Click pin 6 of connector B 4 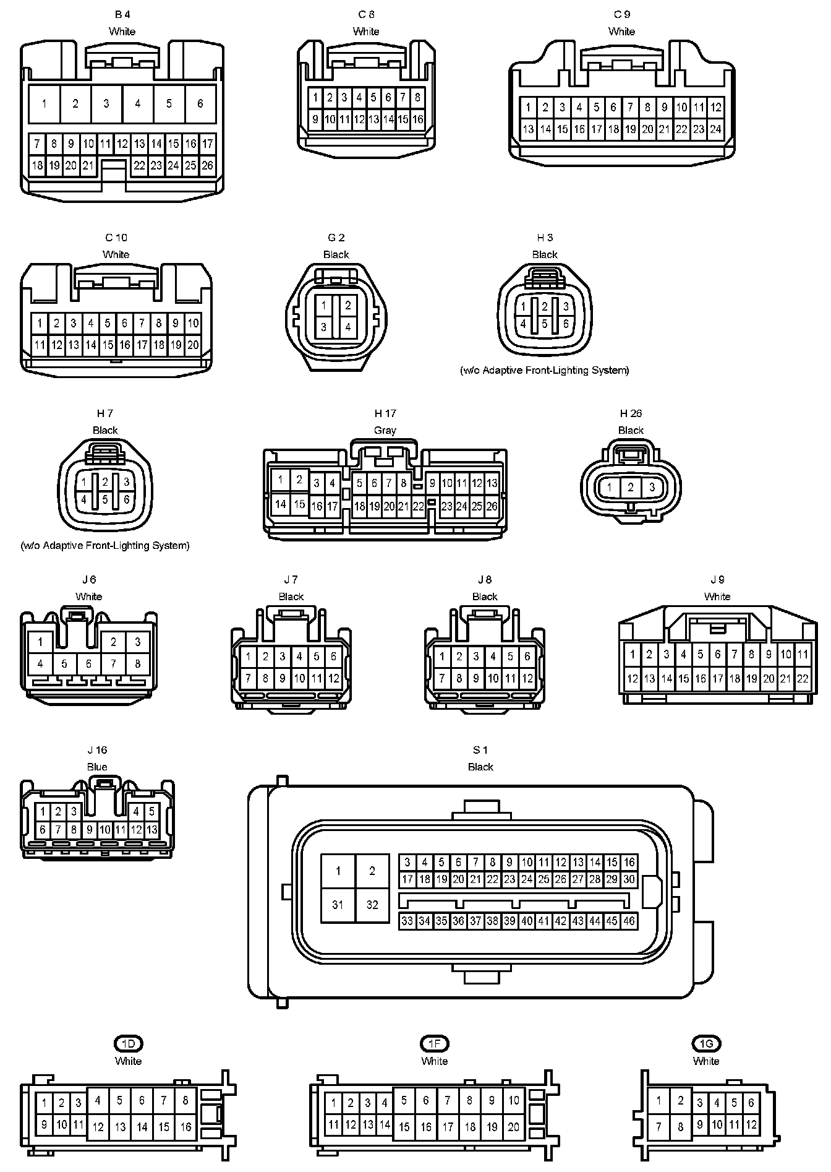pyautogui.click(x=200, y=104)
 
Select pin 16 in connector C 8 pyautogui.click(x=418, y=119)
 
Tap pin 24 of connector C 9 pyautogui.click(x=715, y=129)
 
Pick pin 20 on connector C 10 pyautogui.click(x=193, y=345)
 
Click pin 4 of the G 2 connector pyautogui.click(x=348, y=327)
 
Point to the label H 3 pyautogui.click(x=545, y=238)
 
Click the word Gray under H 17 pyautogui.click(x=385, y=430)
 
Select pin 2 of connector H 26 pyautogui.click(x=631, y=488)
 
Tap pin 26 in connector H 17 pyautogui.click(x=492, y=506)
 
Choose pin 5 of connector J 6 pyautogui.click(x=65, y=664)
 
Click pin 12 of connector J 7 pyautogui.click(x=334, y=678)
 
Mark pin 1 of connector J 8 pyautogui.click(x=442, y=657)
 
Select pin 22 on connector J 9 pyautogui.click(x=803, y=678)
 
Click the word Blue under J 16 pyautogui.click(x=97, y=767)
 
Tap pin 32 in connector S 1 pyautogui.click(x=372, y=905)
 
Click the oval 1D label pyautogui.click(x=128, y=1044)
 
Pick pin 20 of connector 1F pyautogui.click(x=514, y=1127)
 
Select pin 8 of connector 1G pyautogui.click(x=681, y=1127)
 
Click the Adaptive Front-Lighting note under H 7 pyautogui.click(x=105, y=546)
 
